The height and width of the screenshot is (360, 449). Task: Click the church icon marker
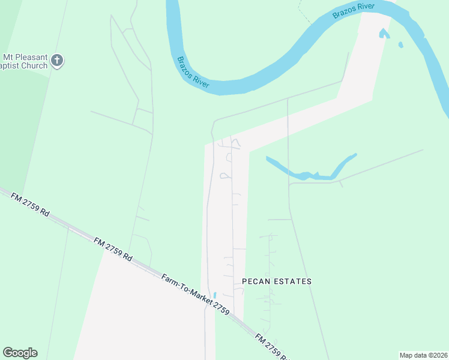(x=57, y=60)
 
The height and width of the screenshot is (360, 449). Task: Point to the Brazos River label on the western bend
(x=193, y=74)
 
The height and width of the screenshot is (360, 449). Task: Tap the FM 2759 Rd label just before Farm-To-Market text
(x=113, y=248)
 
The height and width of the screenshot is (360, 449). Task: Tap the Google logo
(x=20, y=353)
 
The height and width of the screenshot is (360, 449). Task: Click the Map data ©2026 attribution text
(x=423, y=355)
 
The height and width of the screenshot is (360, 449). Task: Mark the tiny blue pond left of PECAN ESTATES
(x=214, y=295)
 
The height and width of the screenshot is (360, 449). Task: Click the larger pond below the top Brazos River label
(x=384, y=33)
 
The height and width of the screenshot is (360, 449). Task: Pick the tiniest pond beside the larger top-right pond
(x=400, y=44)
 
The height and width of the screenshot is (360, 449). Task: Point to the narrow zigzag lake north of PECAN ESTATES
(x=312, y=172)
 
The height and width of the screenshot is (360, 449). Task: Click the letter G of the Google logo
(x=8, y=353)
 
